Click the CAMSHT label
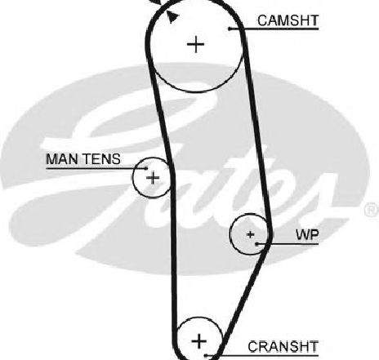pos(288,20)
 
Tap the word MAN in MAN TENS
pos(62,159)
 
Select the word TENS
pos(101,159)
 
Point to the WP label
pos(307,235)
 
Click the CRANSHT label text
pos(283,347)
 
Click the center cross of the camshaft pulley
pos(196,44)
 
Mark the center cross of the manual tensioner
pos(153,178)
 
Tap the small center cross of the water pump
pos(250,234)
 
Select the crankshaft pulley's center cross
pos(199,341)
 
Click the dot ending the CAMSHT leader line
pos(230,29)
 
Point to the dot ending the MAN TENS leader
pos(146,168)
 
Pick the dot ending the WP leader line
pos(256,244)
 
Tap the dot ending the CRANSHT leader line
pos(206,355)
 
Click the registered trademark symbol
pos(372,210)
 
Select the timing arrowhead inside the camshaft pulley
pos(172,17)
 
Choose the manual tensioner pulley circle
pos(133,177)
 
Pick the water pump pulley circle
pos(230,234)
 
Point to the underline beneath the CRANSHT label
pos(262,355)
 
